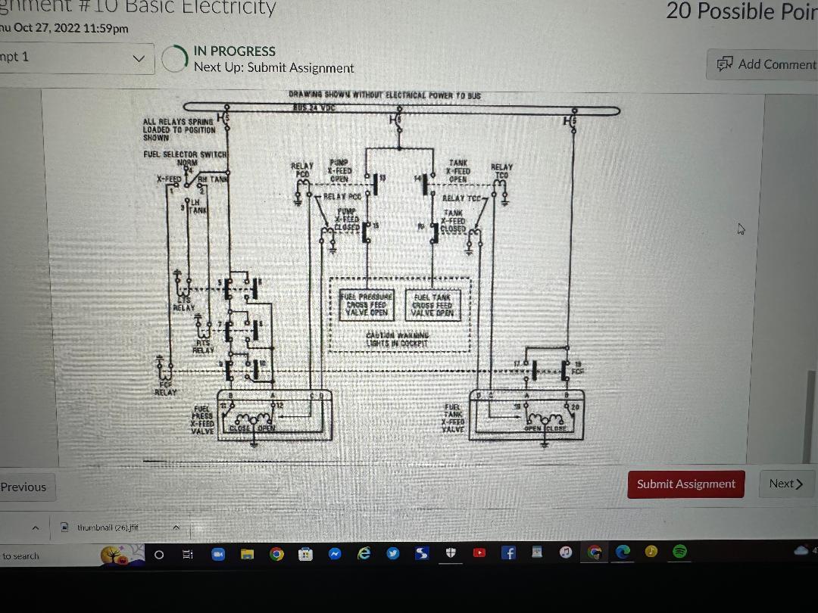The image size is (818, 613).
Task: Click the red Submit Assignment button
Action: (x=685, y=484)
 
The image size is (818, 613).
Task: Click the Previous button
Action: (x=23, y=487)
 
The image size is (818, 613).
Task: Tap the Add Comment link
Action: (x=767, y=64)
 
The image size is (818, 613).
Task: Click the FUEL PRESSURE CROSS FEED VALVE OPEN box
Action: (x=367, y=304)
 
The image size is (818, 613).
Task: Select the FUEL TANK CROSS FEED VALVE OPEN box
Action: (x=433, y=305)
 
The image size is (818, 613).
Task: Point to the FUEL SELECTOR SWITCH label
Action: (x=186, y=154)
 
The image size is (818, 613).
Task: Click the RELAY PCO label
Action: (x=301, y=170)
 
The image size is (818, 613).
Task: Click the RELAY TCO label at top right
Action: (x=501, y=171)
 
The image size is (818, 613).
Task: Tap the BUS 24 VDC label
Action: (x=314, y=107)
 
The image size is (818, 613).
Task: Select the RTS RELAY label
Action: (x=202, y=347)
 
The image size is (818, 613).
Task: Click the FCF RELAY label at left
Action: (x=165, y=388)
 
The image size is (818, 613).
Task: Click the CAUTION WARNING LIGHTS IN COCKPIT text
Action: (x=397, y=339)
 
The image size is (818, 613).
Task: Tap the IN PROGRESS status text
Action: (x=234, y=51)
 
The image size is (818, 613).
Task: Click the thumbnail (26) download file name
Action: (x=108, y=527)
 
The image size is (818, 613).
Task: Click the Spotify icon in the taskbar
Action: (x=679, y=552)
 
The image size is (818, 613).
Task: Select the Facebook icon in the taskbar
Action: (x=509, y=553)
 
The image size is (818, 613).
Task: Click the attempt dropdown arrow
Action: (x=138, y=58)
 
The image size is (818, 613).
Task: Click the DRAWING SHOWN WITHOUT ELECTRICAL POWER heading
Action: (x=384, y=95)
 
